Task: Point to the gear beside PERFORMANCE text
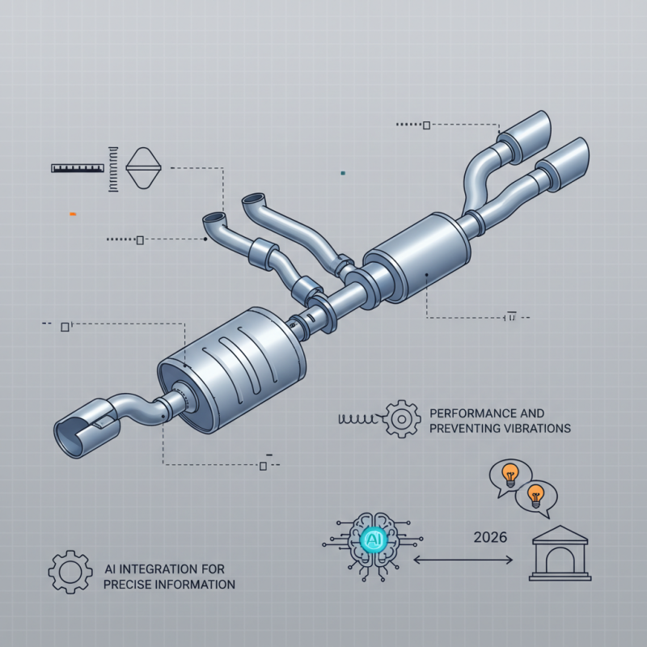(402, 419)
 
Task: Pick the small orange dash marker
(73, 214)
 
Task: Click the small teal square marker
(344, 172)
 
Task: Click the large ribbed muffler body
(235, 363)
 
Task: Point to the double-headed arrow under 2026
(466, 558)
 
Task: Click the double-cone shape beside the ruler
(146, 167)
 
